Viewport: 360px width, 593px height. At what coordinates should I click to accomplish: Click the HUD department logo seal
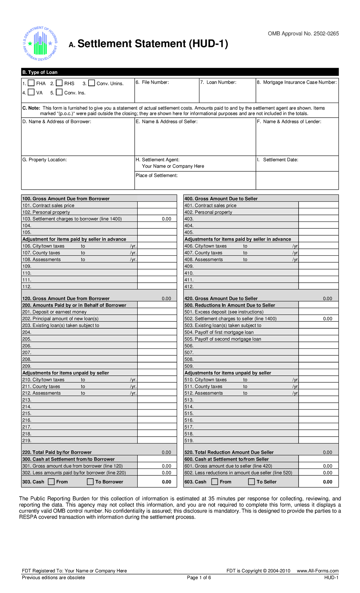click(40, 44)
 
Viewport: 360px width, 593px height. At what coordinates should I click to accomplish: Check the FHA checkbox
click(31, 83)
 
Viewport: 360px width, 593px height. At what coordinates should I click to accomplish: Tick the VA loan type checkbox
click(31, 92)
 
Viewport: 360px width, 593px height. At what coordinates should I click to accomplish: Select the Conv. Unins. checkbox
click(91, 83)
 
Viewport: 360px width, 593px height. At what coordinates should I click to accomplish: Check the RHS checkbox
click(59, 83)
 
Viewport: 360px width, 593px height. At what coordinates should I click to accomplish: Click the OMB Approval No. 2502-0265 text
click(303, 34)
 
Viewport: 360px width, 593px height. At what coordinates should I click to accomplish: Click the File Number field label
click(152, 82)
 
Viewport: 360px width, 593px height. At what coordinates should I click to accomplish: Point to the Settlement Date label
click(280, 160)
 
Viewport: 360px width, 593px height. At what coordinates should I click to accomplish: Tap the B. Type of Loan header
click(40, 72)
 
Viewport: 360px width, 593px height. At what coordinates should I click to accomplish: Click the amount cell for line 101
click(157, 205)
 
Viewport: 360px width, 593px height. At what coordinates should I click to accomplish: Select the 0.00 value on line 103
click(166, 219)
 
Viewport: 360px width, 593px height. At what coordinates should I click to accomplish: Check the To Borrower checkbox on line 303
click(90, 482)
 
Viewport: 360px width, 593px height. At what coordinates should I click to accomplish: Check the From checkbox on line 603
click(214, 482)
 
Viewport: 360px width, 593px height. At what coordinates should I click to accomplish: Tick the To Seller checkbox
click(251, 482)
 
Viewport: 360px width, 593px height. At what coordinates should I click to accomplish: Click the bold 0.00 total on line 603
click(327, 482)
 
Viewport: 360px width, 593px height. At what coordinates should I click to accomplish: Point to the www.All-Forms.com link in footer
click(317, 571)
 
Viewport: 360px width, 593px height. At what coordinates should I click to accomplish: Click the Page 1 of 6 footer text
click(199, 578)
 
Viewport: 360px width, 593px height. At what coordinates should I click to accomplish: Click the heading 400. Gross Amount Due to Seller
click(221, 199)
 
